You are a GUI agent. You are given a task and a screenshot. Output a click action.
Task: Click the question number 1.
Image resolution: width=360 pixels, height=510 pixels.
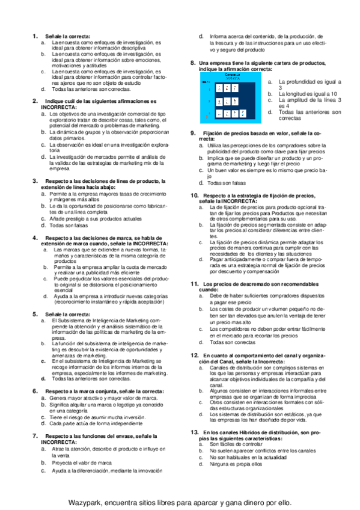[x=34, y=37]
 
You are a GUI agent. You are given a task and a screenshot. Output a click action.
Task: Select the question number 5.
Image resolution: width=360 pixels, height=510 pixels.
[x=34, y=314]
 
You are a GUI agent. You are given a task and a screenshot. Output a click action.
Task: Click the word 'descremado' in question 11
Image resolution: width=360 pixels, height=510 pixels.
[x=244, y=283]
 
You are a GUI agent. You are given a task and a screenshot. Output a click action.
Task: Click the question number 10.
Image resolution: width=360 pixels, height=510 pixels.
[x=194, y=195]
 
